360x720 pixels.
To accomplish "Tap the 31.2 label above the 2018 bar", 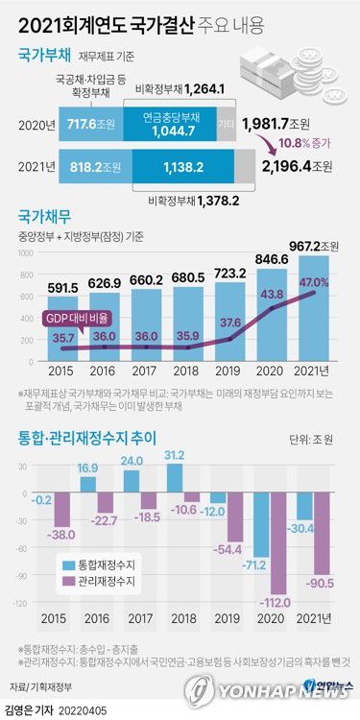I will click(x=175, y=456).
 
